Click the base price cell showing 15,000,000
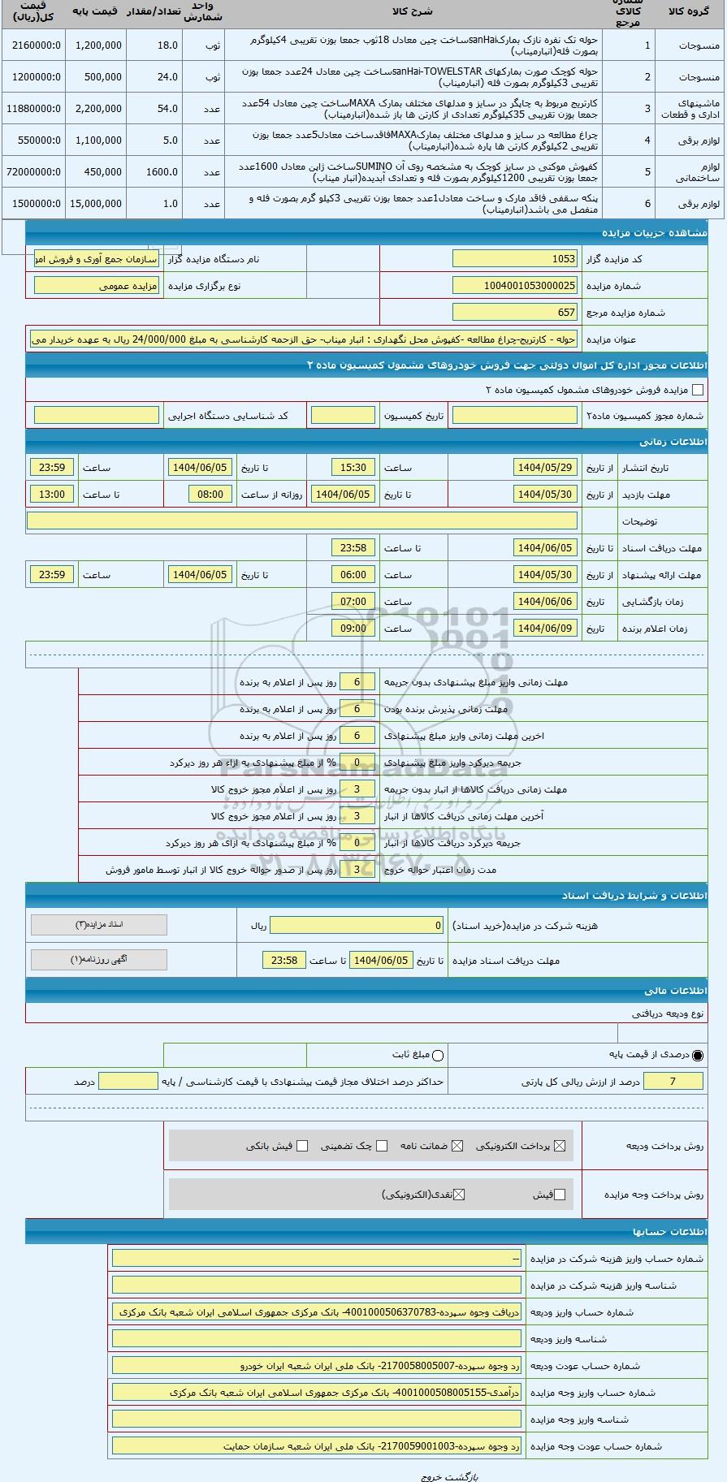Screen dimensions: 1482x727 tap(97, 204)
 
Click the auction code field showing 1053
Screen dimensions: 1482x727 tap(515, 259)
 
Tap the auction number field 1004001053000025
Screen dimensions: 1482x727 tap(515, 286)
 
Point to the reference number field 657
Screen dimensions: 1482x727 tap(515, 313)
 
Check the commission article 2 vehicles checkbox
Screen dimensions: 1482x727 tap(698, 390)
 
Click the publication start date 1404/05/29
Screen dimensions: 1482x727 tap(546, 468)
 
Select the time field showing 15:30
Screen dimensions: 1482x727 tap(353, 468)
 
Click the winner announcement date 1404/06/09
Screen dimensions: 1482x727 tap(546, 629)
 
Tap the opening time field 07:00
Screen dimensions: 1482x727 tap(353, 602)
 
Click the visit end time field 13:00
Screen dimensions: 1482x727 tap(52, 495)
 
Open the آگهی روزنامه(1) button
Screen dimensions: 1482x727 tap(99, 960)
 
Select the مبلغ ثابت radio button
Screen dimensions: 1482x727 tap(439, 1056)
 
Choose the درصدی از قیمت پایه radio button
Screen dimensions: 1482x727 tap(698, 1056)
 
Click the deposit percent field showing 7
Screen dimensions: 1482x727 tap(673, 1082)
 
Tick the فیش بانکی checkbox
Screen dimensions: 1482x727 tap(302, 1146)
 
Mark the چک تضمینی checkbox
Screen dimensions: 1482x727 tap(382, 1146)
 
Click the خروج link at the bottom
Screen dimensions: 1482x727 tap(431, 1476)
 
